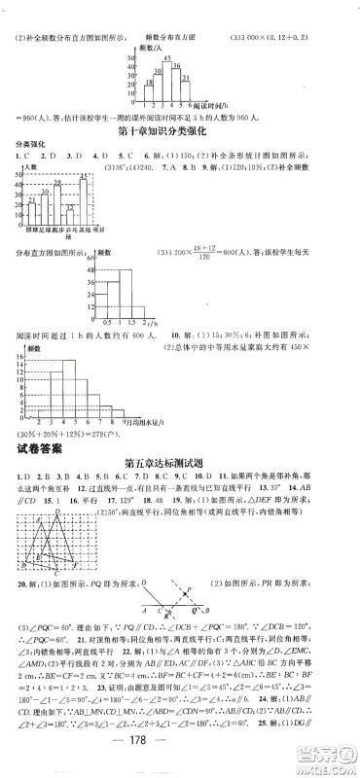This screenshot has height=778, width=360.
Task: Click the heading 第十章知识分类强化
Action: click(179, 129)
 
